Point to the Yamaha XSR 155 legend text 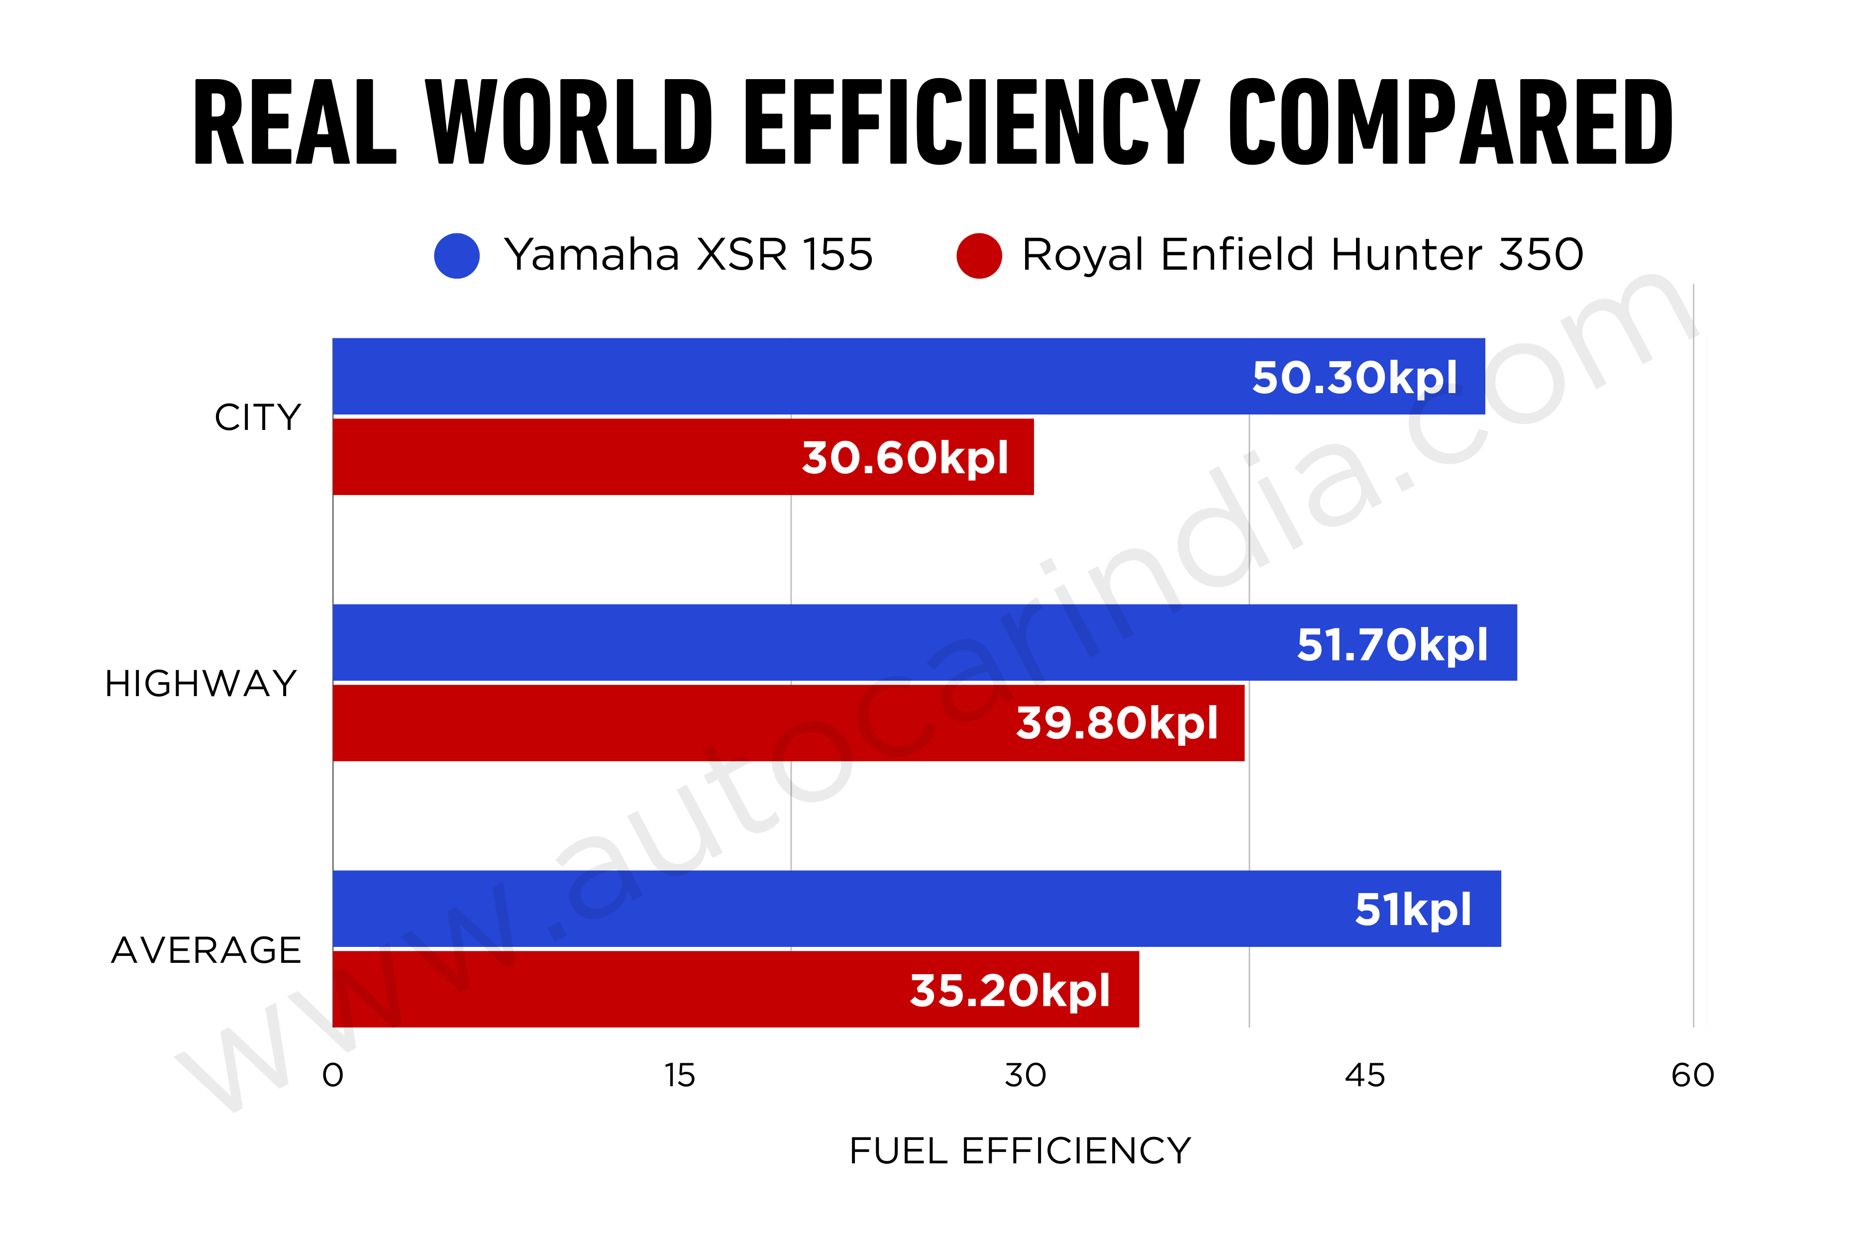coord(688,255)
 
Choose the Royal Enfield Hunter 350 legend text coord(1302,255)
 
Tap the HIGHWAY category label coord(201,683)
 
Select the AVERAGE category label coord(207,950)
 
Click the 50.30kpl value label coord(1354,378)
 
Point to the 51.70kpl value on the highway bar coord(1392,645)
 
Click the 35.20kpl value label coord(1010,990)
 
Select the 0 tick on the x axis coord(333,1075)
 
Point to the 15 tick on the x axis coord(680,1075)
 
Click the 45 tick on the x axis coord(1364,1075)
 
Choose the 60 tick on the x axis coord(1692,1075)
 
